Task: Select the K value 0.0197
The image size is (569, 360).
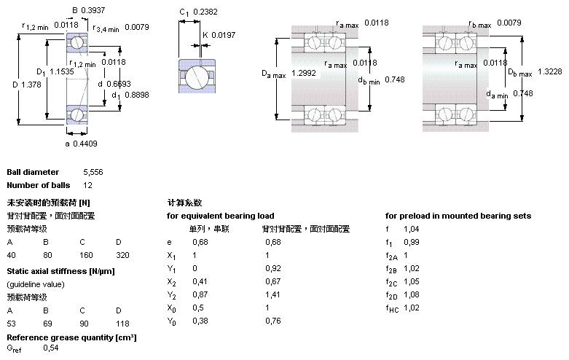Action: [224, 35]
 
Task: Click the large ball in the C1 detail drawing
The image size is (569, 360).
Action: [195, 77]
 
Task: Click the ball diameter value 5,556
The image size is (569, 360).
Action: [94, 172]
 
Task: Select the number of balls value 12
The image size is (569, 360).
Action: [88, 185]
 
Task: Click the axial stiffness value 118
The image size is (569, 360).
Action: [122, 323]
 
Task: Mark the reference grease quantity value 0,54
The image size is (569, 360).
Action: [51, 348]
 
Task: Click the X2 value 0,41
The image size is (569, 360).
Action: [199, 281]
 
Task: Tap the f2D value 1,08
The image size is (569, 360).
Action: [412, 294]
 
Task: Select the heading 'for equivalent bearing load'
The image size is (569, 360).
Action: [221, 216]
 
